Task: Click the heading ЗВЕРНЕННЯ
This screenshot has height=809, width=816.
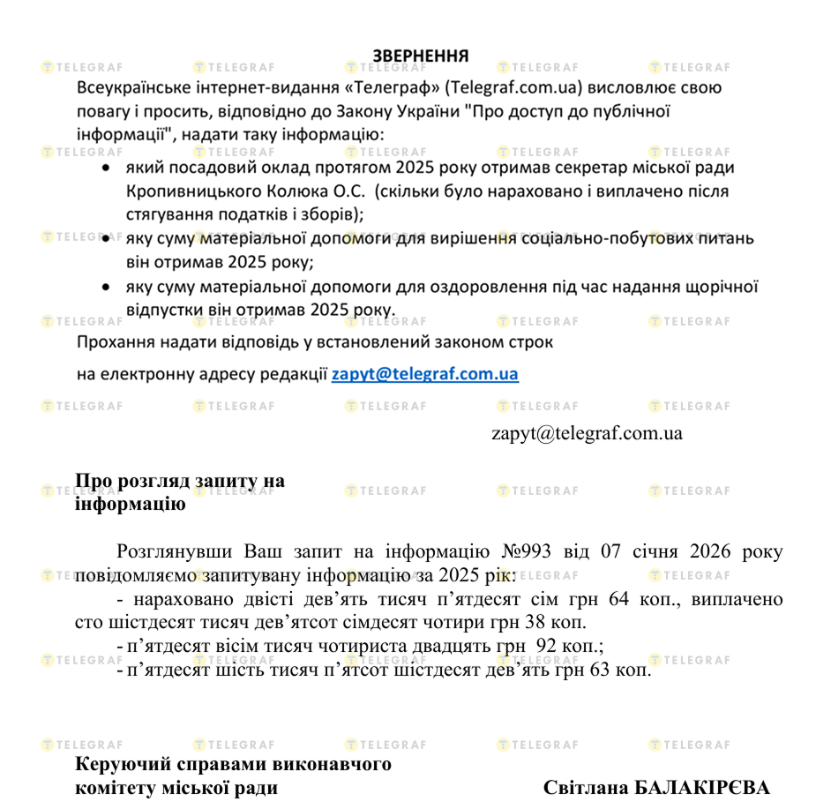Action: click(420, 56)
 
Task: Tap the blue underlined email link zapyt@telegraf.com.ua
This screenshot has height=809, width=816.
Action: click(425, 374)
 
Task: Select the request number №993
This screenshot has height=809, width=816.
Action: click(526, 552)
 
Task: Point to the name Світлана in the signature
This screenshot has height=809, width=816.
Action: click(585, 787)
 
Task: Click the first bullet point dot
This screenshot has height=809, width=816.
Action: click(107, 168)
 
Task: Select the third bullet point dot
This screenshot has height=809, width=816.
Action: click(107, 287)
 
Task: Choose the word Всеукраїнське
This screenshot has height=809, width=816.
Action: click(127, 88)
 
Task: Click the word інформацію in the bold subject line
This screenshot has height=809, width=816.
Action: click(130, 505)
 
